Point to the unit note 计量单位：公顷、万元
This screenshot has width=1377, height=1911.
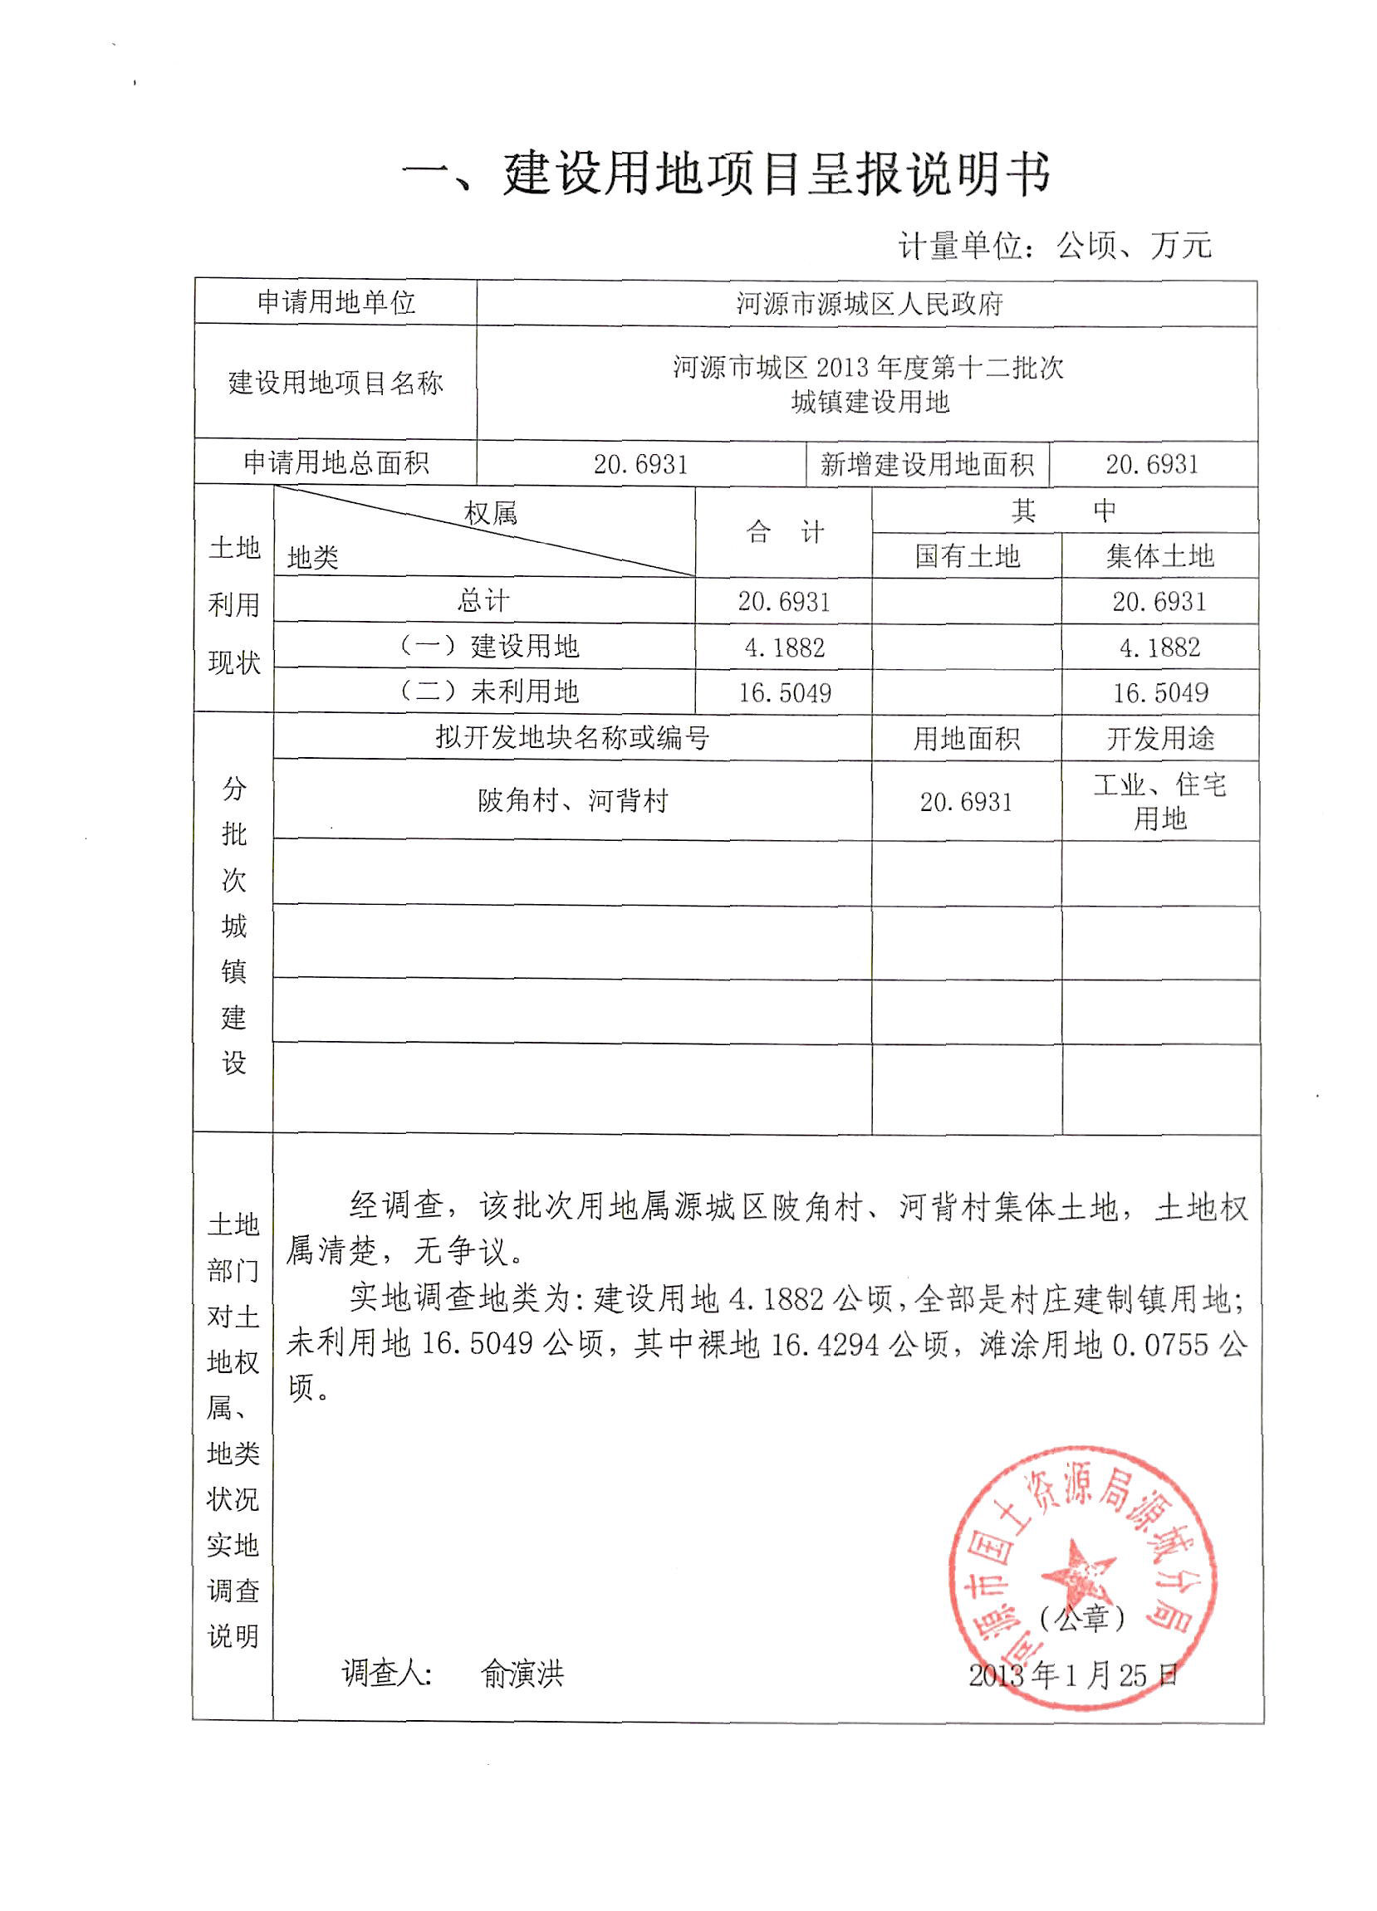(x=1054, y=246)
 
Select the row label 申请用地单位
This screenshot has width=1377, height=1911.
(x=336, y=301)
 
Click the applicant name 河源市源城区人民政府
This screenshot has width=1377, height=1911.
(x=868, y=303)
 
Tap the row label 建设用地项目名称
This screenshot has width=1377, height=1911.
(x=336, y=383)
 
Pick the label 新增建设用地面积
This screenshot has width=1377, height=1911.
(x=926, y=464)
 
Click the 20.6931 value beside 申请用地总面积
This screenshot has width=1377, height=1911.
(x=640, y=464)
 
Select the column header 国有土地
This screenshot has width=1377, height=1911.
(x=967, y=556)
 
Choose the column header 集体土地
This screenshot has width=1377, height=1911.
(x=1159, y=556)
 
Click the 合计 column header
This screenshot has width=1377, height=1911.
(x=784, y=532)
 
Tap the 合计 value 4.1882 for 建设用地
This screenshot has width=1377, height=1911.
(x=784, y=648)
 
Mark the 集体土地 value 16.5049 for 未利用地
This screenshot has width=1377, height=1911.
(x=1159, y=692)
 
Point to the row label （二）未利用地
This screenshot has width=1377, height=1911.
(x=489, y=692)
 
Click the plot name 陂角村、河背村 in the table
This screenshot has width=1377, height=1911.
(x=572, y=800)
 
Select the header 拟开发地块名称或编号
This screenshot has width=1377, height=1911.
(x=572, y=738)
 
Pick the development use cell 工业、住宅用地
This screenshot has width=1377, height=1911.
(x=1159, y=801)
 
